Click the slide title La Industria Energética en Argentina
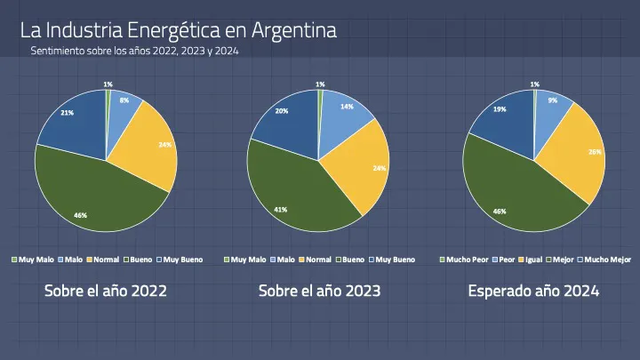coord(178,30)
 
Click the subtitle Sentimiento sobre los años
coord(134,52)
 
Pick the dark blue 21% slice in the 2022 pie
coord(71,124)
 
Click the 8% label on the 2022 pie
coord(124,100)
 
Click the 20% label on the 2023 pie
coord(281,111)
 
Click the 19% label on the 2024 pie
coord(500,109)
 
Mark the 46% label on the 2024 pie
coord(500,212)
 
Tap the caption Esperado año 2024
coord(533,291)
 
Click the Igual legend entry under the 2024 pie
coord(531,260)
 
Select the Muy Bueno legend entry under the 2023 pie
coord(392,260)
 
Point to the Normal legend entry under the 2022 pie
coord(102,260)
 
